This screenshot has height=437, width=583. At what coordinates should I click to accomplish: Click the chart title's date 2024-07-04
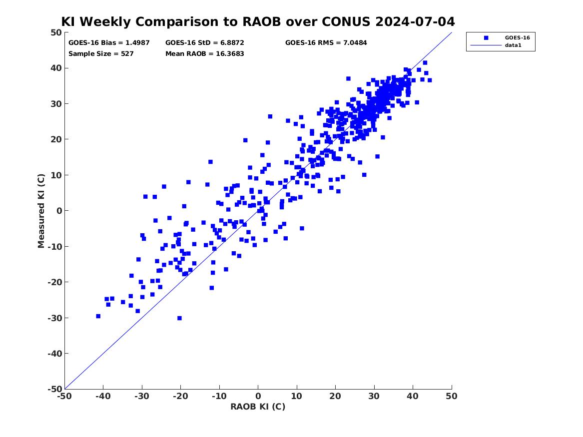[x=415, y=21]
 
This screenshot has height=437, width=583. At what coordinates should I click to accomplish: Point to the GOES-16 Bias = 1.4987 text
[x=109, y=43]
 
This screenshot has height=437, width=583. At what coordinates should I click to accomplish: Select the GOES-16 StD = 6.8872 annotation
[x=205, y=43]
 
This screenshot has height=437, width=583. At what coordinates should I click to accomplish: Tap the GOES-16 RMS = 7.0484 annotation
[x=326, y=43]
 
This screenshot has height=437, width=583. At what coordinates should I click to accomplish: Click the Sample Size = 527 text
[x=101, y=54]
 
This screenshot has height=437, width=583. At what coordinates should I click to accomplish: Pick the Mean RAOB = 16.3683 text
[x=205, y=54]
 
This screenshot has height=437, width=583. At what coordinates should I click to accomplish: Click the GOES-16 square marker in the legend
[x=486, y=37]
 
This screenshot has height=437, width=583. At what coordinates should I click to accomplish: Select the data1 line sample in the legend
[x=486, y=45]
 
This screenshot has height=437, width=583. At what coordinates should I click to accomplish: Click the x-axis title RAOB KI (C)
[x=258, y=407]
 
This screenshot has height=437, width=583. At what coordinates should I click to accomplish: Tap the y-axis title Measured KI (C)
[x=41, y=211]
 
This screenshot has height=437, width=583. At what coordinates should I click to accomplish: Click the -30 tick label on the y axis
[x=54, y=318]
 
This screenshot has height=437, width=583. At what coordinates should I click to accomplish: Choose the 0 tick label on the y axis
[x=59, y=211]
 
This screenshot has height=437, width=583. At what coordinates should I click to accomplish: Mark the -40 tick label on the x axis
[x=103, y=397]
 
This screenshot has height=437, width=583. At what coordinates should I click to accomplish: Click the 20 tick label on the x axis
[x=335, y=397]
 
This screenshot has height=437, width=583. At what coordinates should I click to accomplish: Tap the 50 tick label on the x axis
[x=452, y=397]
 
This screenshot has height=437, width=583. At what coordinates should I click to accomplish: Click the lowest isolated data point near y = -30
[x=179, y=318]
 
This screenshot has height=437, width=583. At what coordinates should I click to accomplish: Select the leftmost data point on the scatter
[x=98, y=316]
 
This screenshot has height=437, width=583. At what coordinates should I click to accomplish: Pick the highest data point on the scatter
[x=425, y=63]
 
